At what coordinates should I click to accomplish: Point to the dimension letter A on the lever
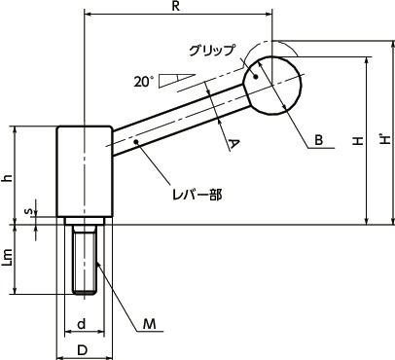point(233,144)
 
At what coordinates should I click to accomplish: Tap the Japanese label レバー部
point(201,195)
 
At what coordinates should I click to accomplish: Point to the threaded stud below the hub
point(84,258)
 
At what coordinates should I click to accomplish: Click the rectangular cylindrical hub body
point(84,173)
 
